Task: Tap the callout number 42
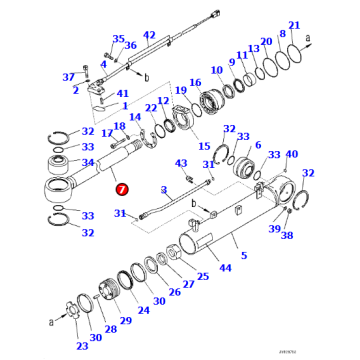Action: (x=149, y=35)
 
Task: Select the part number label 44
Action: (x=224, y=269)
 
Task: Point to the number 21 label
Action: (x=293, y=24)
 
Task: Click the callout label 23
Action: (x=81, y=346)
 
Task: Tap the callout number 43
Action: (x=181, y=164)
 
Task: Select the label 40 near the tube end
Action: (x=292, y=155)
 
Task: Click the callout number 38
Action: (x=287, y=236)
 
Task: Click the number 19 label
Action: (x=181, y=91)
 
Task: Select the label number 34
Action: (x=87, y=160)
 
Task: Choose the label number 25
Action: (x=202, y=277)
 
